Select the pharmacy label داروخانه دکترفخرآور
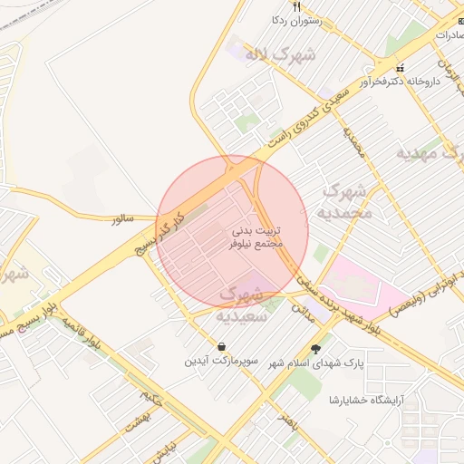point(401,81)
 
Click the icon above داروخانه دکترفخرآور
point(400,68)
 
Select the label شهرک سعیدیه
point(241,304)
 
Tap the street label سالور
point(122,219)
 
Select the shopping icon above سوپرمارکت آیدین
point(222,345)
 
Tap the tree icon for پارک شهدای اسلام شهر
point(315,349)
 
